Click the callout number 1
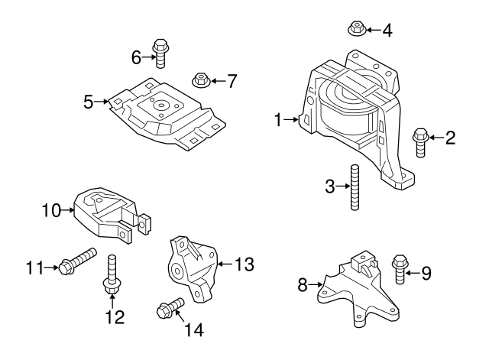click(x=279, y=118)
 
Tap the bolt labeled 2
click(x=420, y=142)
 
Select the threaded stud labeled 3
click(x=354, y=188)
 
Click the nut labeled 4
click(x=355, y=30)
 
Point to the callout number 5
click(x=89, y=100)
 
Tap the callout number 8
click(x=302, y=285)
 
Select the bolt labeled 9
click(x=400, y=269)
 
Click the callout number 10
click(x=50, y=209)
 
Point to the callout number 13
click(x=244, y=264)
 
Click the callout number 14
click(x=194, y=330)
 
